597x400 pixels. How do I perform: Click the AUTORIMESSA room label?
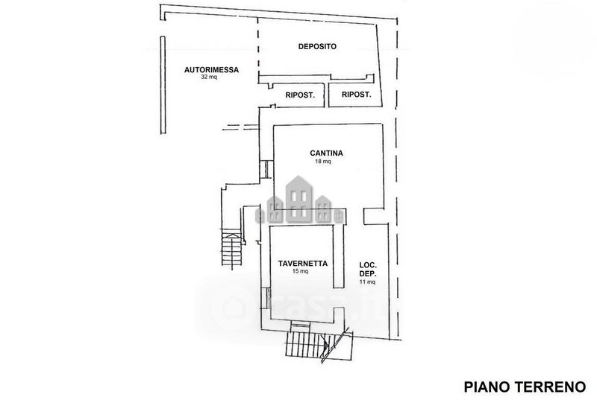click(x=211, y=70)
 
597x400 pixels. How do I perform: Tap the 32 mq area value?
click(x=208, y=77)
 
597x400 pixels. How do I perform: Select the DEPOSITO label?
click(x=317, y=46)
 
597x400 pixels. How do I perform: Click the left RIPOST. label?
click(x=299, y=95)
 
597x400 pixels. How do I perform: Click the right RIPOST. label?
click(x=356, y=95)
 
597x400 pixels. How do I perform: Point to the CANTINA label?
click(x=326, y=153)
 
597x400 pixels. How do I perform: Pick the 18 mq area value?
click(x=325, y=162)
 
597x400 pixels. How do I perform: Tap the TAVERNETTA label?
click(x=303, y=263)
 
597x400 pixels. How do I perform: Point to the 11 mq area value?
click(x=367, y=282)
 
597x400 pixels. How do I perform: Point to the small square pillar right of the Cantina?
click(x=371, y=215)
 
